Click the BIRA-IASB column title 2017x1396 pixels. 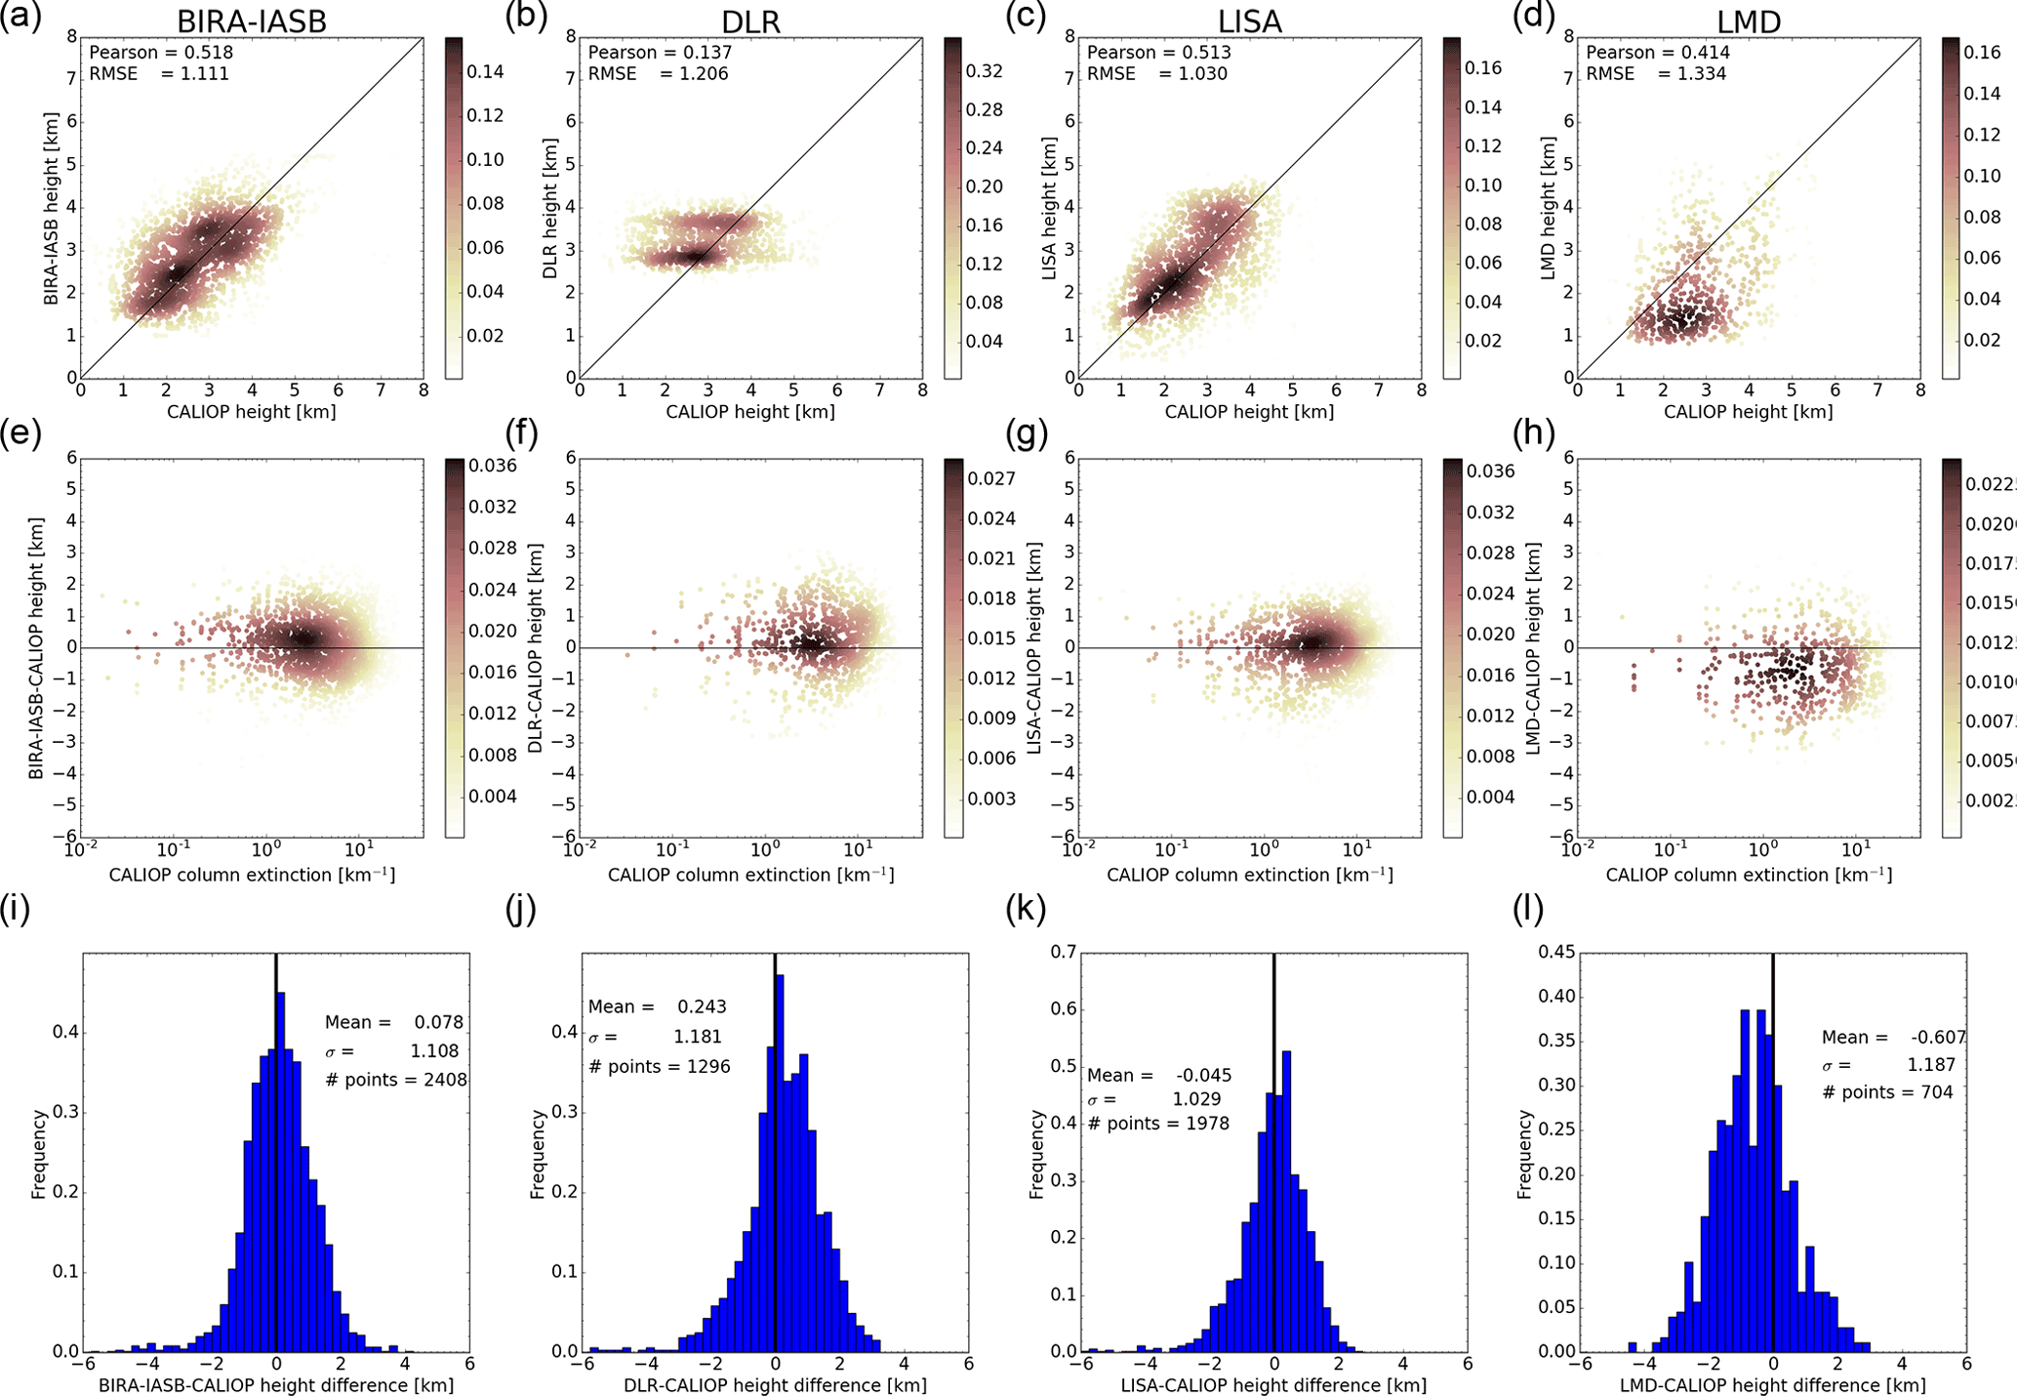(252, 21)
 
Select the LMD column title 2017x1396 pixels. (1748, 21)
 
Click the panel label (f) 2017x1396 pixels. (521, 432)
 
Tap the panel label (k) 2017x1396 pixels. (1025, 909)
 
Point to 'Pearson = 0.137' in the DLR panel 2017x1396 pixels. (660, 53)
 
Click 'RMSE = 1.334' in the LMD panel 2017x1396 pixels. (1655, 74)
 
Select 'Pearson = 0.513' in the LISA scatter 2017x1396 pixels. (1158, 53)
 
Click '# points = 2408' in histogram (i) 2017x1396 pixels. (395, 1080)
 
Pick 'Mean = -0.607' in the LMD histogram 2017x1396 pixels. (1893, 1037)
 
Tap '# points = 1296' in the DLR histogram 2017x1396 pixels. (659, 1066)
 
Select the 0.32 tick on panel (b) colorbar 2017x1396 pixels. (984, 71)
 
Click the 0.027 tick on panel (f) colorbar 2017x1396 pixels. (991, 478)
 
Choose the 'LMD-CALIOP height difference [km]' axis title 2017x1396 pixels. (1772, 1385)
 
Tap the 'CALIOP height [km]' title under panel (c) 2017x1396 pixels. (1249, 412)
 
